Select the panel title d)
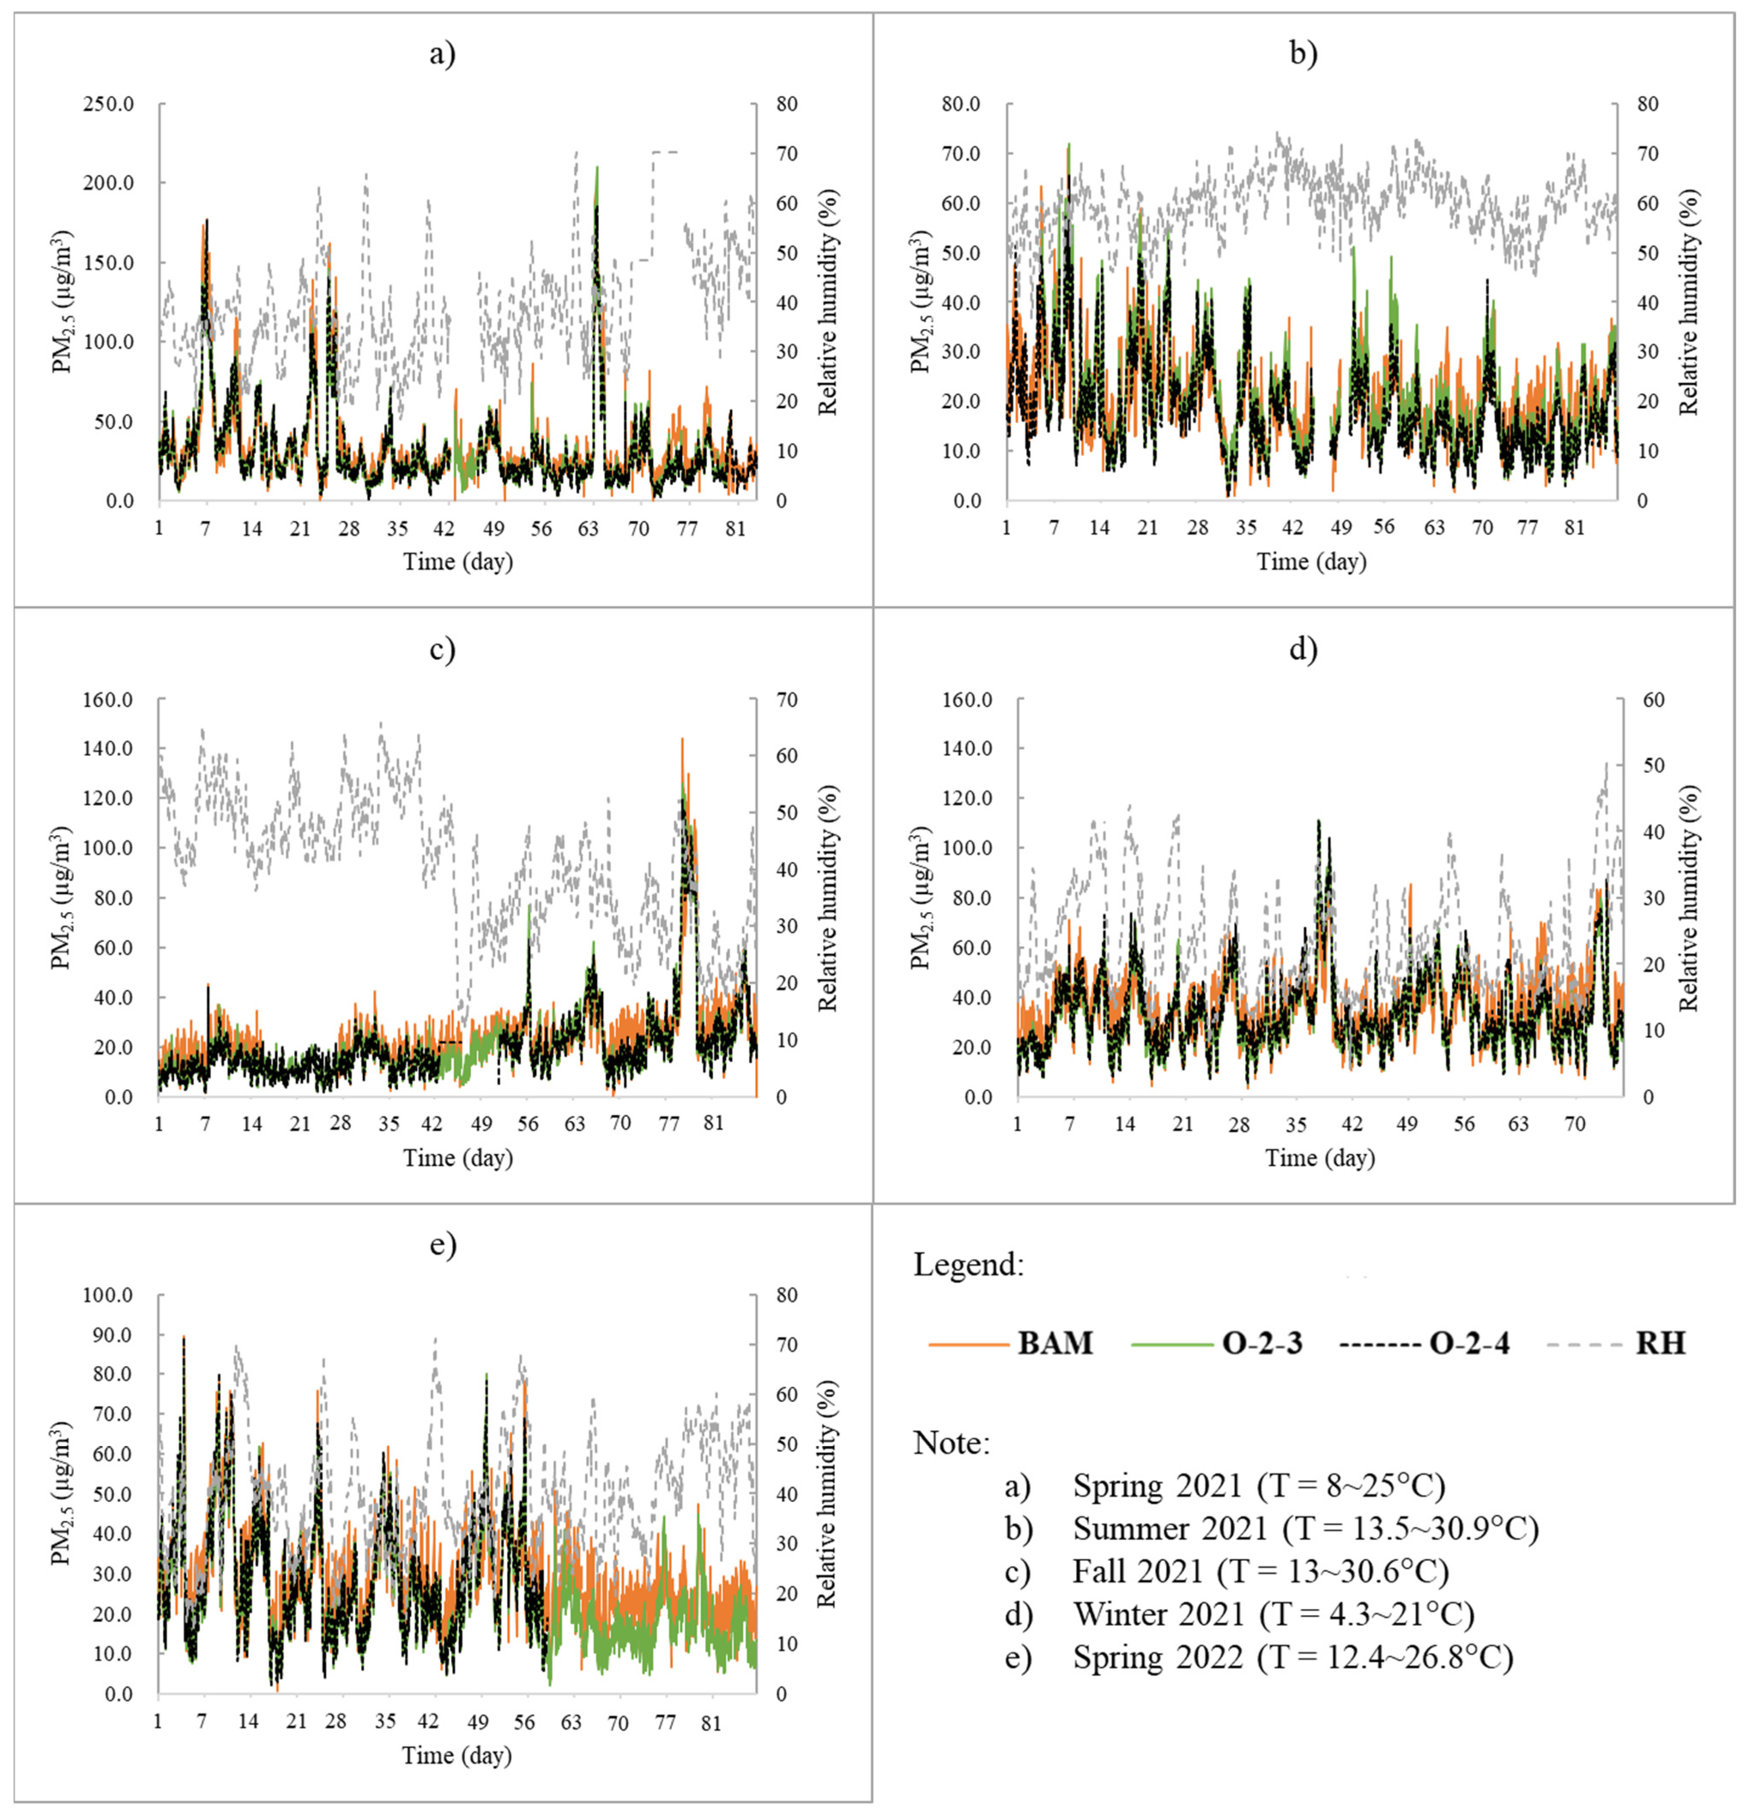coord(1303,650)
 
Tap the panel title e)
coord(443,1245)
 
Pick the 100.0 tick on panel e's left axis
coord(109,1296)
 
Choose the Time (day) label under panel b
coord(1312,562)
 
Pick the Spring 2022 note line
coord(1292,1656)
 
